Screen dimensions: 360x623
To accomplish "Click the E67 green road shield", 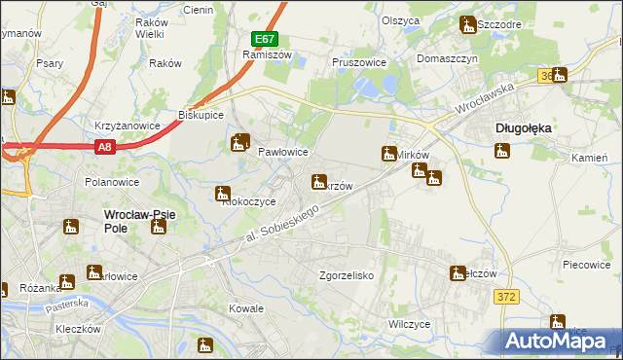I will (x=264, y=40).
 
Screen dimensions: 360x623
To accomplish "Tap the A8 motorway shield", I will (x=105, y=147).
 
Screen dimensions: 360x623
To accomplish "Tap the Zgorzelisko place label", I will (x=348, y=276).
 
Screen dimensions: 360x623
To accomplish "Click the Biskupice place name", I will (x=202, y=115).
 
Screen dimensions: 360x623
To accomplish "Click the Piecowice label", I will (x=587, y=264).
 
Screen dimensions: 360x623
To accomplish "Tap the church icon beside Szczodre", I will (x=467, y=25).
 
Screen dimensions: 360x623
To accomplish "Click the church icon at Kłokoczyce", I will (x=223, y=194).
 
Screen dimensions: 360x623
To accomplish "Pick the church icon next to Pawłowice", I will (x=239, y=144).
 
